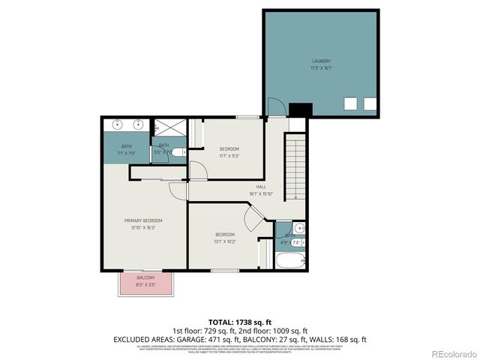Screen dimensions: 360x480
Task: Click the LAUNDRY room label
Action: click(321, 61)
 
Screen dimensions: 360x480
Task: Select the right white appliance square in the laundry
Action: click(369, 103)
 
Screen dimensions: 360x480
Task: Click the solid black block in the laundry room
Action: click(300, 109)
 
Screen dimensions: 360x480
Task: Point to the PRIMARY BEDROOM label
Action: click(143, 220)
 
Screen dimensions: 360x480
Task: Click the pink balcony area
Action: click(145, 283)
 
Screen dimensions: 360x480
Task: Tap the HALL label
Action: click(261, 187)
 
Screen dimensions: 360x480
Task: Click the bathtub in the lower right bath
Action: click(290, 262)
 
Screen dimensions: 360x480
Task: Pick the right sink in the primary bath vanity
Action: click(139, 124)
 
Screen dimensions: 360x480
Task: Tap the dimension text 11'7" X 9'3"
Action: click(229, 156)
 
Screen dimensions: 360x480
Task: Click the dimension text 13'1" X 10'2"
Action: click(226, 241)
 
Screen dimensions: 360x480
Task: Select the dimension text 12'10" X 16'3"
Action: click(143, 227)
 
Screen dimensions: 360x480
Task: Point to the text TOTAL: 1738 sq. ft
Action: click(239, 321)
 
